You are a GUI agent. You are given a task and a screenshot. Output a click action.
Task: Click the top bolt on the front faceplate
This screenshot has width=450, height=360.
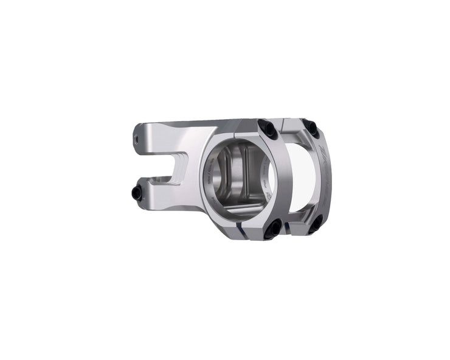[266, 127]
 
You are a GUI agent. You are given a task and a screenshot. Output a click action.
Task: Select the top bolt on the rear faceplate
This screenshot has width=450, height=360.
[311, 128]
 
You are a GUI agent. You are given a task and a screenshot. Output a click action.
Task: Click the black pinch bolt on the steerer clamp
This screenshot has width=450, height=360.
[137, 193]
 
